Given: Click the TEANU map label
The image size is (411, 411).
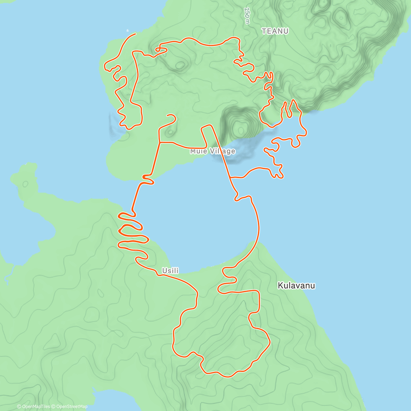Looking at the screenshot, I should pyautogui.click(x=275, y=31).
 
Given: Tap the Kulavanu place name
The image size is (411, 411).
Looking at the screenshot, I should pyautogui.click(x=296, y=285).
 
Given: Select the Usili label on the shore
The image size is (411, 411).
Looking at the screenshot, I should pyautogui.click(x=171, y=271).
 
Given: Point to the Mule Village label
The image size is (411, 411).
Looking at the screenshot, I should pyautogui.click(x=213, y=151).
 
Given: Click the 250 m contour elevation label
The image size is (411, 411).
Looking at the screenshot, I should pyautogui.click(x=247, y=16).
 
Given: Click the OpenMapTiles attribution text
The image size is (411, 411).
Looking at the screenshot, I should pyautogui.click(x=36, y=407).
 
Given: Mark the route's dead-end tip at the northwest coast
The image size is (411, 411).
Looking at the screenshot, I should pyautogui.click(x=135, y=34).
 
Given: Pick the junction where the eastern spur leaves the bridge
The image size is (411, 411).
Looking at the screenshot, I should pyautogui.click(x=231, y=177).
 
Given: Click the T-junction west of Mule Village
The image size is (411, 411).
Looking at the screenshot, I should pyautogui.click(x=160, y=142).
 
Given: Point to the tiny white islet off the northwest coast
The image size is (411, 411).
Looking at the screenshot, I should pyautogui.click(x=128, y=30).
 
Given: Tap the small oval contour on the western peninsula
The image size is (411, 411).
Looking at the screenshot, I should pyautogui.click(x=25, y=184).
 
